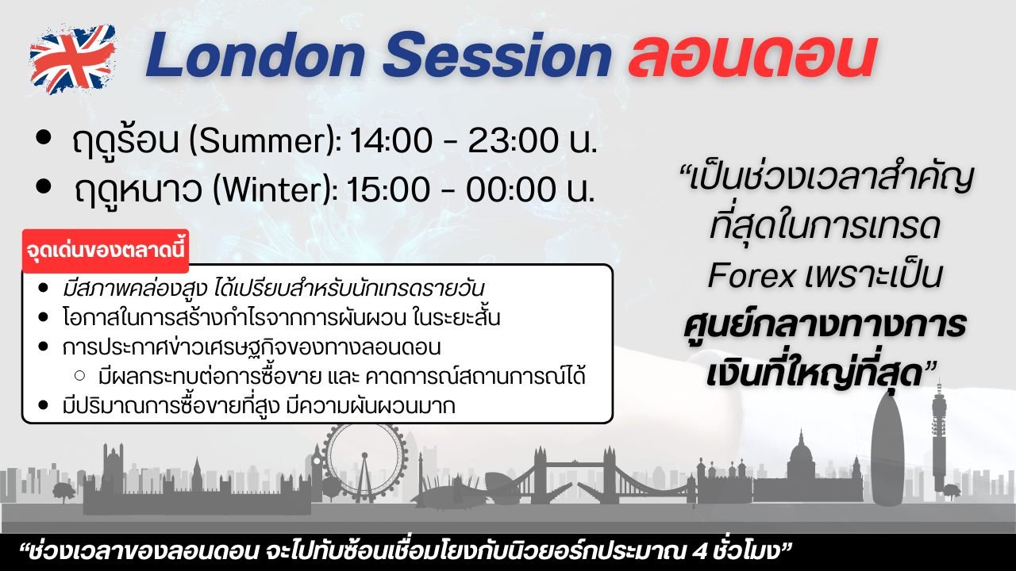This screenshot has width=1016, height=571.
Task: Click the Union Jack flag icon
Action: point(72,59)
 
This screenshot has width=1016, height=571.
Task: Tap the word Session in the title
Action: point(498,56)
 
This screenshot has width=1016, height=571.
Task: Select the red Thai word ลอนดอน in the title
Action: point(752,56)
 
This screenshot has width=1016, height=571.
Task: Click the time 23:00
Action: point(513,140)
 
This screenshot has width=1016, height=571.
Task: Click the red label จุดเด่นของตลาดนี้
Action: point(106,251)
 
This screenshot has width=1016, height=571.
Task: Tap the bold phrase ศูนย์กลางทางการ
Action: point(825,325)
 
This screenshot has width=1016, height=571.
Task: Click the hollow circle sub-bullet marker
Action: point(80,376)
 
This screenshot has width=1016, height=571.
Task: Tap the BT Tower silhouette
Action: point(939,435)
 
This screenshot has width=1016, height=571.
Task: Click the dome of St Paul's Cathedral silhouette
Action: point(802,458)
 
